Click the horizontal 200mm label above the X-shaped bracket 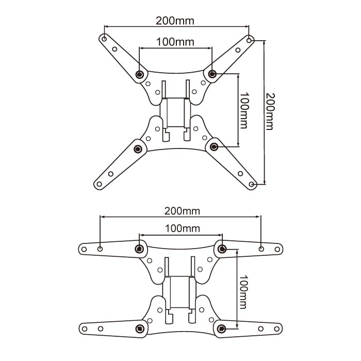point(176,21)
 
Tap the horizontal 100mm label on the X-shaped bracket point(175,42)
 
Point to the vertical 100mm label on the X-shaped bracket point(244,110)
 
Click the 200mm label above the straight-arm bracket point(182,211)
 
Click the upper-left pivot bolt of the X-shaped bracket point(139,75)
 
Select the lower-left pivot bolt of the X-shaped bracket point(138,149)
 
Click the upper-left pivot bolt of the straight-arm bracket point(139,249)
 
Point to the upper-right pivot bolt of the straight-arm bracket point(222,249)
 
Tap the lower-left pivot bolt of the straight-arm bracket point(139,329)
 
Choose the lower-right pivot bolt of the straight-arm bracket point(223,328)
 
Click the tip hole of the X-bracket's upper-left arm point(104,38)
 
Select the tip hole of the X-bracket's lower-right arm point(251,184)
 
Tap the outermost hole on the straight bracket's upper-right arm point(277,249)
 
